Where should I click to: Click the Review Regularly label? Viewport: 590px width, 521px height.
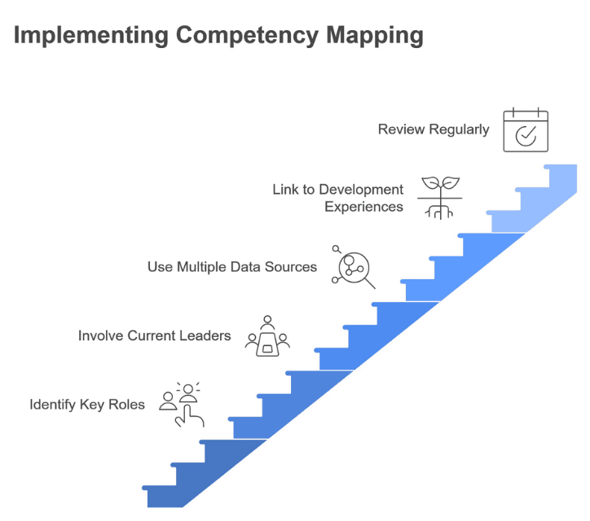(x=434, y=129)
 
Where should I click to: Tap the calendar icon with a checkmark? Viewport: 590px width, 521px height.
(x=526, y=131)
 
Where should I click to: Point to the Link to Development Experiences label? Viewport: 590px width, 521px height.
(x=338, y=198)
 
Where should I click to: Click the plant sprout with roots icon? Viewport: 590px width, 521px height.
(x=439, y=197)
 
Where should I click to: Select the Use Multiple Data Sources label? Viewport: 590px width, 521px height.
(x=232, y=266)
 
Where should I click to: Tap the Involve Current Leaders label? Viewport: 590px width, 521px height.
(x=155, y=335)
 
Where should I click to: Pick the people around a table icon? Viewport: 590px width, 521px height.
(x=267, y=335)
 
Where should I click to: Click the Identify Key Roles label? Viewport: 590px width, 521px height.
(x=87, y=404)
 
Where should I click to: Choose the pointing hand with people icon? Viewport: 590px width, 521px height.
(x=183, y=405)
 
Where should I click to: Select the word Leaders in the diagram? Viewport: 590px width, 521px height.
(x=207, y=335)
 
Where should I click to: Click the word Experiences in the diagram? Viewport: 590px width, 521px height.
(x=364, y=207)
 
